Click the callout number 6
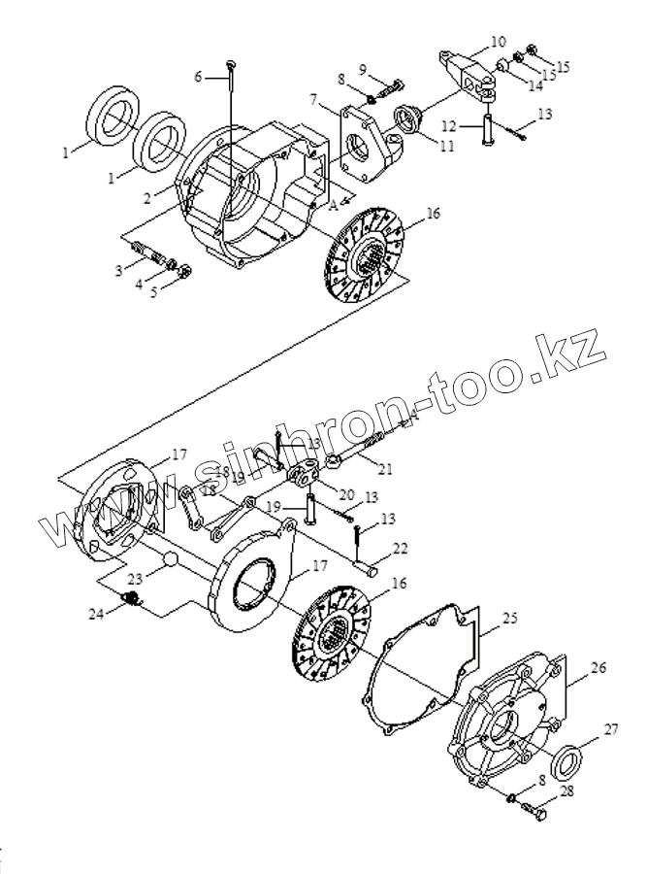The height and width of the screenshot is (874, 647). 198,77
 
